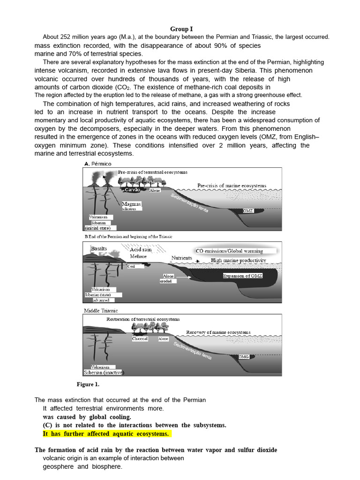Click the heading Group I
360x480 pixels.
[181, 29]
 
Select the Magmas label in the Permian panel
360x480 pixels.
[131, 204]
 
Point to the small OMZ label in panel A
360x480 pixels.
[248, 211]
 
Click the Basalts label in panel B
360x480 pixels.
[99, 248]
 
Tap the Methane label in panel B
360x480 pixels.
[138, 256]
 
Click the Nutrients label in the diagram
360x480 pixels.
[182, 258]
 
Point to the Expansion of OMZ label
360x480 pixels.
[242, 276]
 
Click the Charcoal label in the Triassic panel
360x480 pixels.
[140, 338]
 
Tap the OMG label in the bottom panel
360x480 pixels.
[243, 357]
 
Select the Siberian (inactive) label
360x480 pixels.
[104, 373]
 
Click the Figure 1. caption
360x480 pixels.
[88, 384]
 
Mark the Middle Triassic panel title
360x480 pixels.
[101, 310]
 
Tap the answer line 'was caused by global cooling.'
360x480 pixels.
[87, 416]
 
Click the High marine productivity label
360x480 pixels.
[238, 260]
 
